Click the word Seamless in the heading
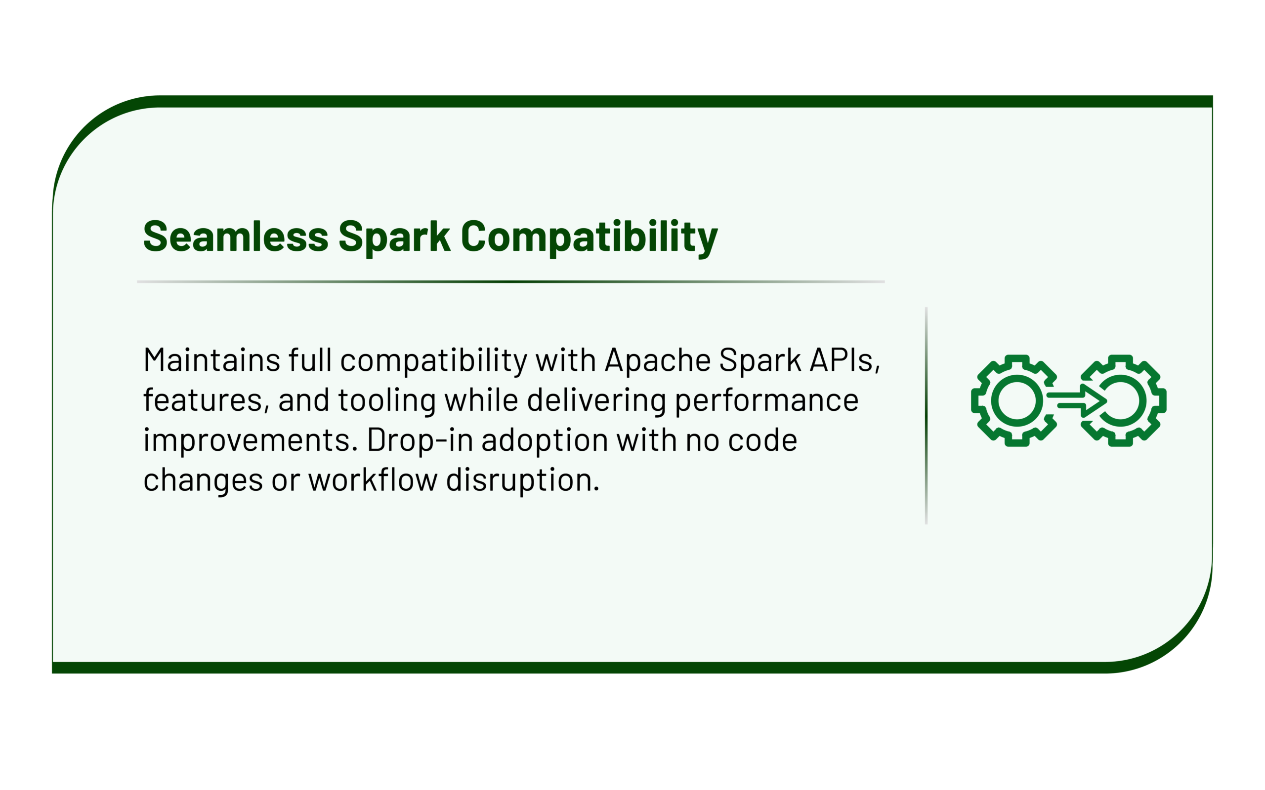tap(236, 236)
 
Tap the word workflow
tap(373, 479)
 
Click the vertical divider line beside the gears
tap(927, 416)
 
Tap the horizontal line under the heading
tap(511, 281)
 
